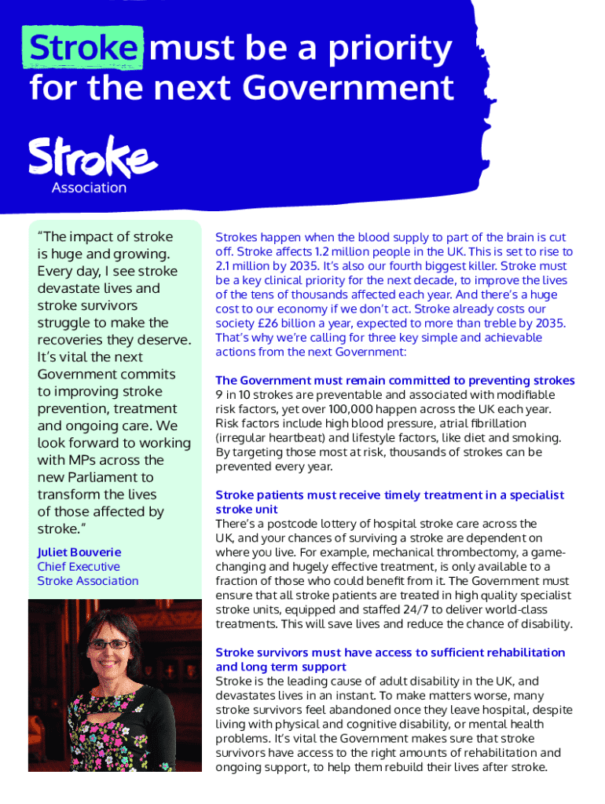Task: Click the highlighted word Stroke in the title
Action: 84,49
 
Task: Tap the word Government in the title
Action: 348,88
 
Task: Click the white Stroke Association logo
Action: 93,164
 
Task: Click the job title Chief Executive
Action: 79,566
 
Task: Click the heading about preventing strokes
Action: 394,380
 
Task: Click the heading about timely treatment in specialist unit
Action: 390,502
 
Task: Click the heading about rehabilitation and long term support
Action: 390,659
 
